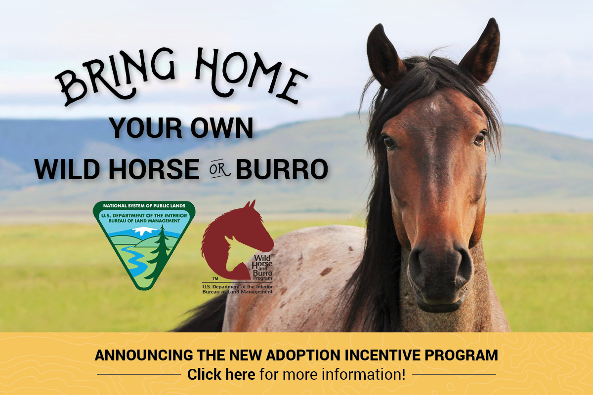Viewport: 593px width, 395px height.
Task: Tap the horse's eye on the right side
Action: [479, 138]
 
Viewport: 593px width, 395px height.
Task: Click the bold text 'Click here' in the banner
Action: [221, 374]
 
